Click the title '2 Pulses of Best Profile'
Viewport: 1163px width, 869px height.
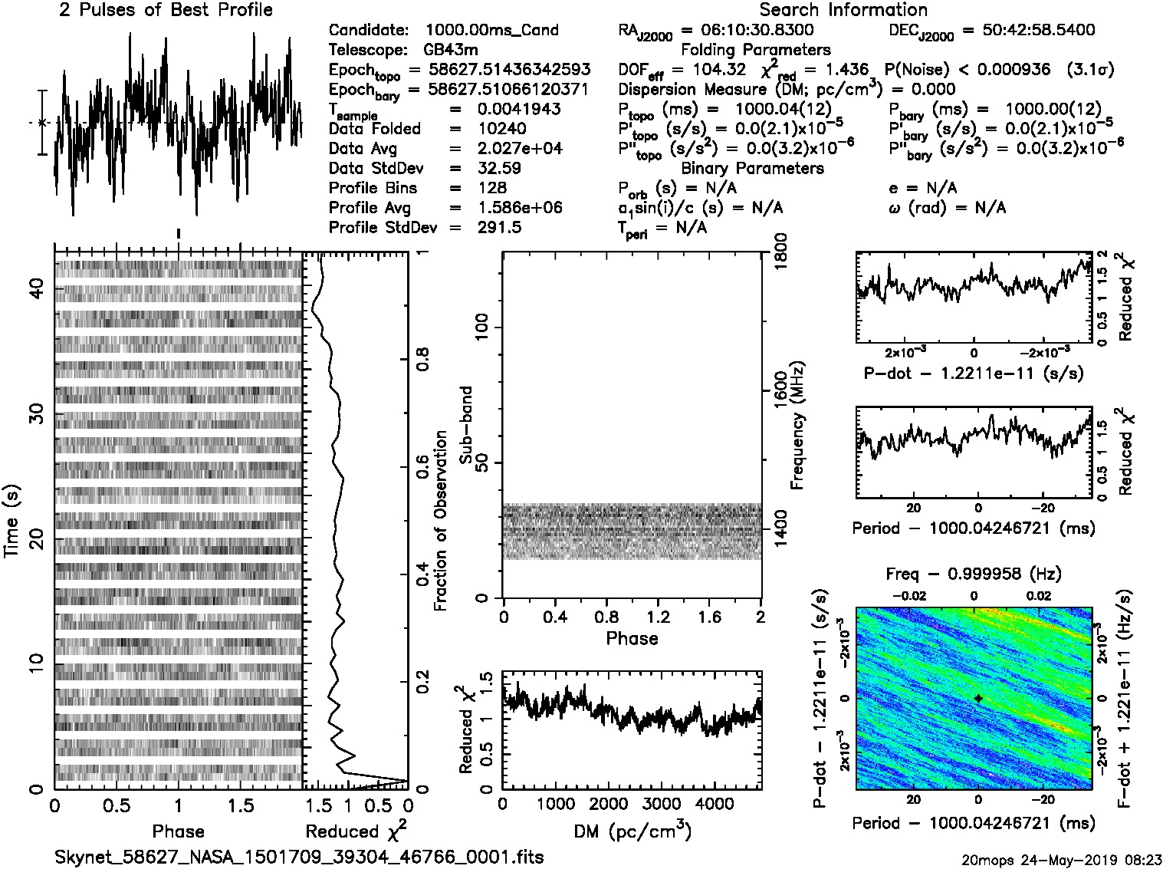166,11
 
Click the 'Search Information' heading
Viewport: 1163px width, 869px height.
843,11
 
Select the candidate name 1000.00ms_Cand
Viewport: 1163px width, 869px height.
491,31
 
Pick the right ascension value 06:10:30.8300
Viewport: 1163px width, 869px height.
747,31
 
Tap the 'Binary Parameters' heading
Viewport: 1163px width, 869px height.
752,169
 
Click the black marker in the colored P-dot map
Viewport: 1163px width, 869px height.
978,698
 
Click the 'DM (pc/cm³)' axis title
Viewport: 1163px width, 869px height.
632,831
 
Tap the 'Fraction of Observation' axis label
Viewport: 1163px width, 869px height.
440,521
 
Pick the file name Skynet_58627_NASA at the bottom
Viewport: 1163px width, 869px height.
300,857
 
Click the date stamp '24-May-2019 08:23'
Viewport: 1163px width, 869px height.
1081,859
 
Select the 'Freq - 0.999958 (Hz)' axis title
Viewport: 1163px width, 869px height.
974,574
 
